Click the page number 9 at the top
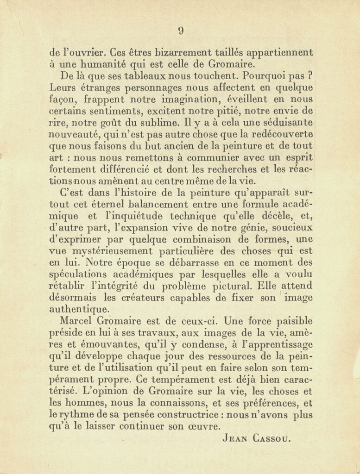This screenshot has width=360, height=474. click(x=181, y=31)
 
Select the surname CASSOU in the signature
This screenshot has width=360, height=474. click(x=274, y=438)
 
